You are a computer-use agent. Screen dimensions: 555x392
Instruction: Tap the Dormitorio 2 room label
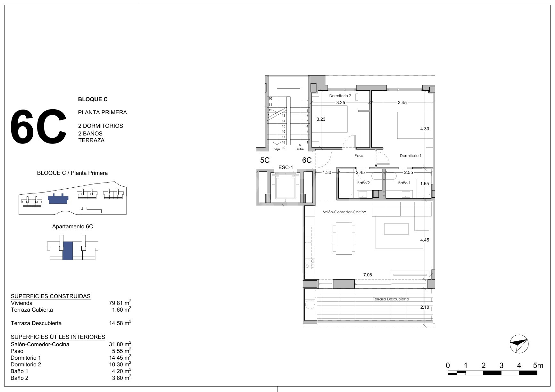click(x=340, y=96)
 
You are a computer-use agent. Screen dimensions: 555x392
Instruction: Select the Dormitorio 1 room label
click(x=410, y=156)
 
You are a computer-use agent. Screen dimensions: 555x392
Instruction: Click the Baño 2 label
click(x=363, y=183)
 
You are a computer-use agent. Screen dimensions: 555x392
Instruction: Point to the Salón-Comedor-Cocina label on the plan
click(x=344, y=212)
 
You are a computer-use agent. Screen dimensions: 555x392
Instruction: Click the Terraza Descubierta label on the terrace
click(x=391, y=299)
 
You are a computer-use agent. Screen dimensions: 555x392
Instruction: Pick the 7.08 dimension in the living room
click(x=368, y=275)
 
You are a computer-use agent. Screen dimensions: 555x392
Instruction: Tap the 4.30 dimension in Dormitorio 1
click(x=425, y=129)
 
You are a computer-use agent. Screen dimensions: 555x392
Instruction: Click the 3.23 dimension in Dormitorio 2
click(x=321, y=119)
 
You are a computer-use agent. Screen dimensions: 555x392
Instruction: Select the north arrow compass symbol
click(x=519, y=344)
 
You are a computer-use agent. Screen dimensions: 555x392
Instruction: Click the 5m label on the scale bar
click(x=538, y=365)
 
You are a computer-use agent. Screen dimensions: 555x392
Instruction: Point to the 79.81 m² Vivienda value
click(x=120, y=303)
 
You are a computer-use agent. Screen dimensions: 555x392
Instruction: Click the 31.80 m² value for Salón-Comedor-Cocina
click(x=120, y=344)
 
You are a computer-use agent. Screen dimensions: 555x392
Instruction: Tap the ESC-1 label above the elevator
click(x=286, y=167)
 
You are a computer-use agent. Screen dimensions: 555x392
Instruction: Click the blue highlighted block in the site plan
click(x=58, y=199)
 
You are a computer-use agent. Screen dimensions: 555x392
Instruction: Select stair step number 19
click(x=284, y=147)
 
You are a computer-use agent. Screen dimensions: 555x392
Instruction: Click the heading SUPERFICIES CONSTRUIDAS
click(x=51, y=296)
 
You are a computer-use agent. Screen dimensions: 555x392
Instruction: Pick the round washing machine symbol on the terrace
click(x=310, y=304)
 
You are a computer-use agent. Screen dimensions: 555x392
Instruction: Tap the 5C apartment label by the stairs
click(x=265, y=160)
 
